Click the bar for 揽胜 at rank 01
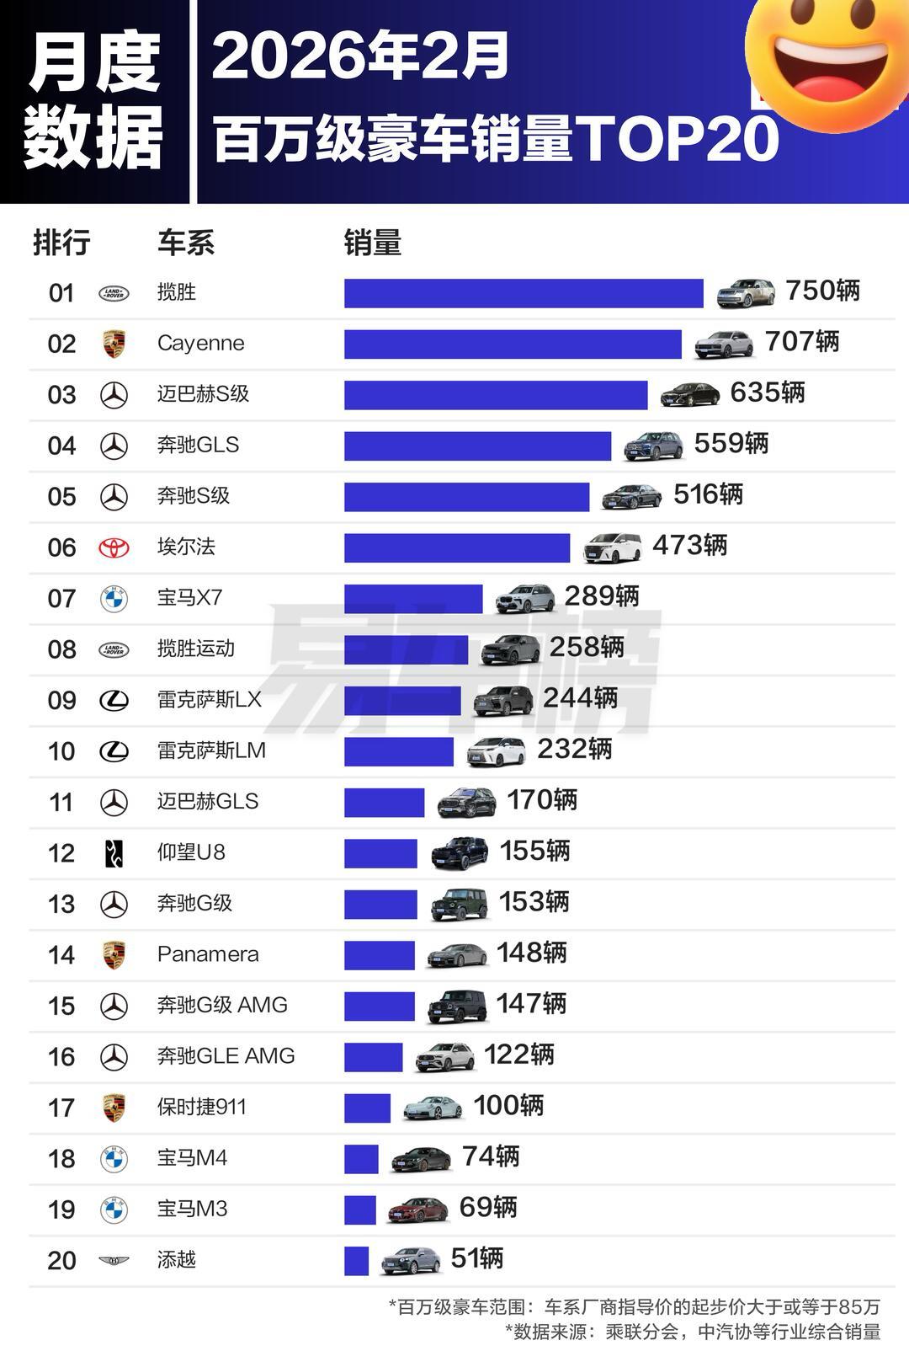coord(523,293)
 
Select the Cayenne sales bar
coord(512,344)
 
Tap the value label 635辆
coord(767,392)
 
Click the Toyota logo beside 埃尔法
coord(114,547)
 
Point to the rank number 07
coord(61,599)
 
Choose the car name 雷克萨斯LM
coord(211,750)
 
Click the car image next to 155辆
coord(460,853)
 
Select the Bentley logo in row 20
coord(114,1261)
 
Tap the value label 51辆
coord(476,1258)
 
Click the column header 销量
coord(372,243)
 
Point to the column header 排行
coord(61,243)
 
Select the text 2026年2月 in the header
coord(360,57)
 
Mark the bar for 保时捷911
coord(367,1108)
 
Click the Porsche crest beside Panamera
coord(114,955)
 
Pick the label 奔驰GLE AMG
coord(226,1056)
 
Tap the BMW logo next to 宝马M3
coord(114,1210)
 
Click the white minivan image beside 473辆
coord(612,547)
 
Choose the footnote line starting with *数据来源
coord(692,1332)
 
